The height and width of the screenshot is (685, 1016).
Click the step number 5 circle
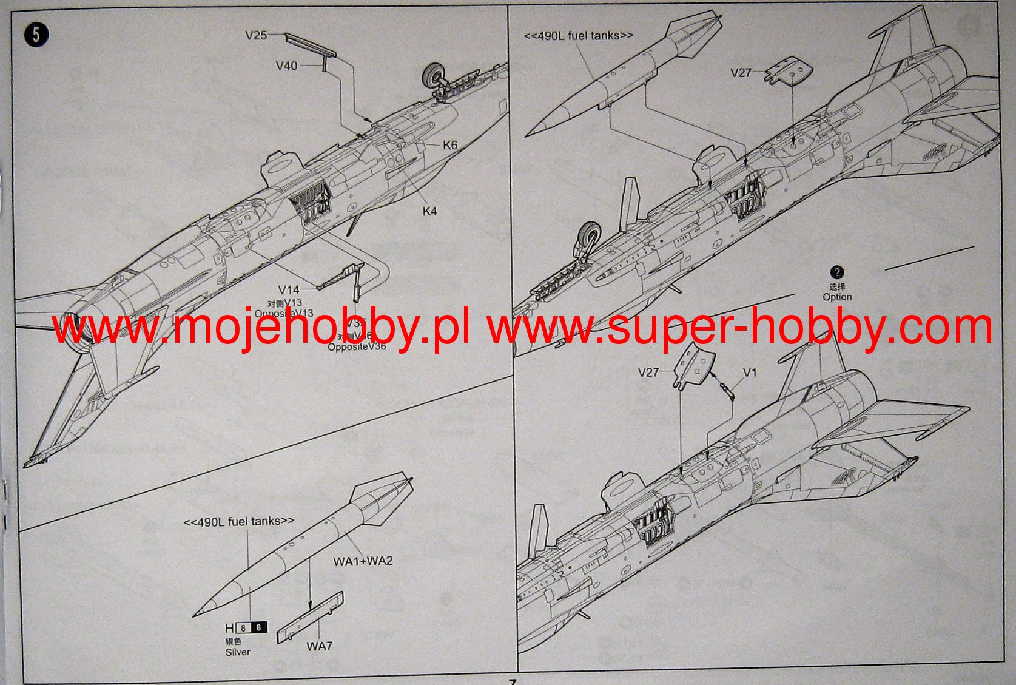[36, 35]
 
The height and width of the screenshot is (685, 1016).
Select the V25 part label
[256, 35]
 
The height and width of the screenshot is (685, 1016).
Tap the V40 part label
[286, 66]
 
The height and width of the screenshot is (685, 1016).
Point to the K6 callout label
[450, 145]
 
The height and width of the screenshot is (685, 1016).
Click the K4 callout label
[429, 211]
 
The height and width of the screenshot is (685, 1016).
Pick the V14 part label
[289, 290]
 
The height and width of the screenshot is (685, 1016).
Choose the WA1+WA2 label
[363, 561]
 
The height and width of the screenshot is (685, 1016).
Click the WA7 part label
[319, 646]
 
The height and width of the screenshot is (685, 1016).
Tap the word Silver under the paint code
[237, 652]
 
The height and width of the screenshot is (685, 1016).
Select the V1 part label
[750, 373]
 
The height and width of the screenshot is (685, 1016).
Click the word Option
[837, 297]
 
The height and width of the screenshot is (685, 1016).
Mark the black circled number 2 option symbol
[837, 272]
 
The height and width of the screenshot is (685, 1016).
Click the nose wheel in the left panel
[434, 75]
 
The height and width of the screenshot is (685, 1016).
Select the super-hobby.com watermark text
[740, 328]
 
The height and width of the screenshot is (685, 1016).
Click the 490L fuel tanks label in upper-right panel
[578, 36]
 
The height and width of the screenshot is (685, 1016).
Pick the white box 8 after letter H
[243, 628]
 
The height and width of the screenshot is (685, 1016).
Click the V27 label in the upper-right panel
[741, 73]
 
